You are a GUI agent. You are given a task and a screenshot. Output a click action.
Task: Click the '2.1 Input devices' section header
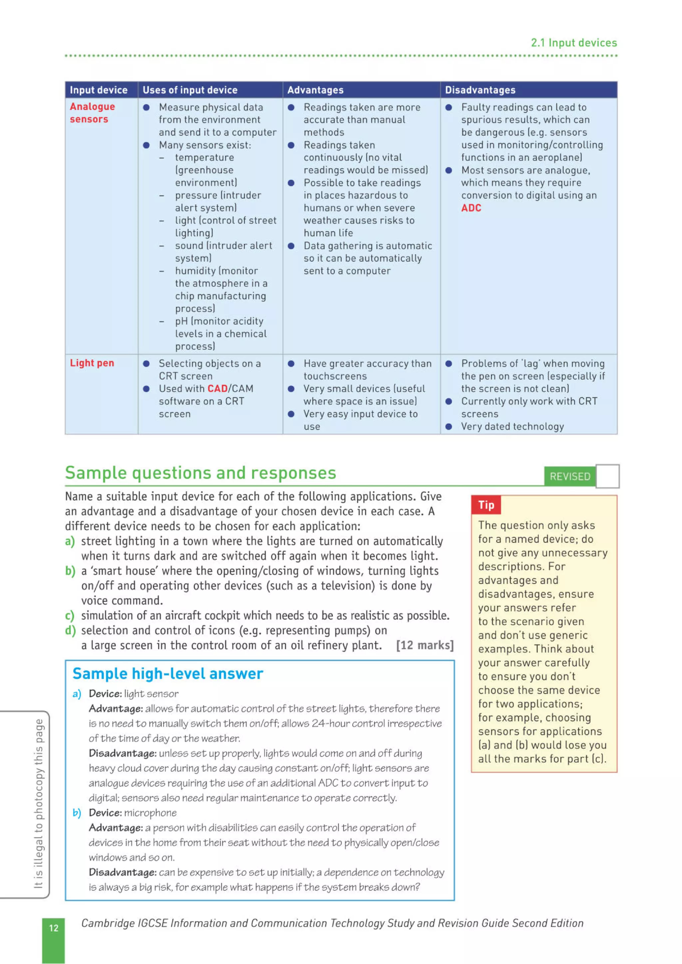pos(573,43)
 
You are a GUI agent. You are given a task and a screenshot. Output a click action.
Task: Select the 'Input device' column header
pos(98,90)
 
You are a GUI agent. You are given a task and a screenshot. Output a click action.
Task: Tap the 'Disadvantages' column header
pos(480,90)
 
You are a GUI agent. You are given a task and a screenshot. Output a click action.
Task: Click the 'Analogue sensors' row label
pos(92,113)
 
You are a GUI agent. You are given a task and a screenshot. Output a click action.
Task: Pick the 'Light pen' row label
pos(92,363)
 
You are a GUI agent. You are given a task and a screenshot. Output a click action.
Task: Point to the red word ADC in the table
pos(471,208)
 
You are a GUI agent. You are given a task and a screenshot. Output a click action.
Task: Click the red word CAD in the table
pos(217,389)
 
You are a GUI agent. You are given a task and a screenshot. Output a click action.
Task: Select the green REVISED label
pos(570,476)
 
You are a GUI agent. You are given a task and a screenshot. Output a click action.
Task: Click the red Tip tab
pos(486,505)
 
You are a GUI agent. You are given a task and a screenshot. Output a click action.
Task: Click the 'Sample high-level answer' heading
pos(168,674)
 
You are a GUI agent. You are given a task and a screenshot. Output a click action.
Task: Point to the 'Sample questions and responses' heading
pos(200,473)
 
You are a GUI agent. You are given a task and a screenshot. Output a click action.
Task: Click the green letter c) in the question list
pos(69,615)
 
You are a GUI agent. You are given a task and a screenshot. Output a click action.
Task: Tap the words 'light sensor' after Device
pos(151,694)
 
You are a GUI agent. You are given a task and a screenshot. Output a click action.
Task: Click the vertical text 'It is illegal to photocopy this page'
pos(38,804)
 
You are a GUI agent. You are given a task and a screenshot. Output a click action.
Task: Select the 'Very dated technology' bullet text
pos(512,426)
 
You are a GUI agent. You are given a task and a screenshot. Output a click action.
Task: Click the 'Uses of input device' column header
pos(190,90)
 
